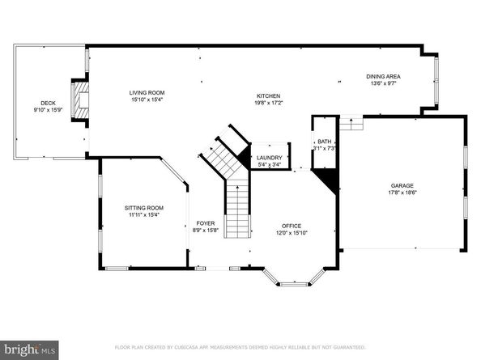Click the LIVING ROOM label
147,92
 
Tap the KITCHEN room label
268,95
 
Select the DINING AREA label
385,77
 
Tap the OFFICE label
291,226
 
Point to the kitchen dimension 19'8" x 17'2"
268,102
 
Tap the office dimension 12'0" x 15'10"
291,233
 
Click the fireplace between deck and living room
80,102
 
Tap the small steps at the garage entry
351,122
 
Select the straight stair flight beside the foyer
236,211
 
